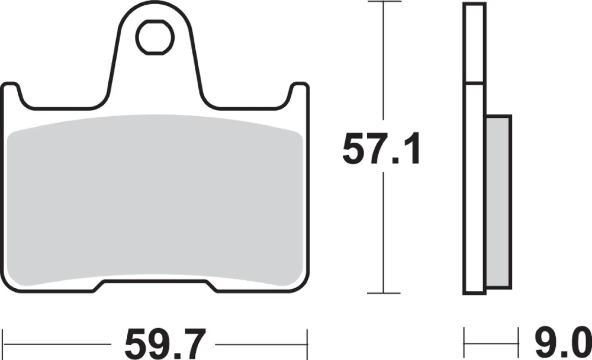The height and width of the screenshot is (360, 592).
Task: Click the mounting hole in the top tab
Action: point(155,37)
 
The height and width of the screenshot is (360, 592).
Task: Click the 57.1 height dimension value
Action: point(381,148)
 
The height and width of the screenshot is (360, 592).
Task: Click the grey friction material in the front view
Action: point(155,202)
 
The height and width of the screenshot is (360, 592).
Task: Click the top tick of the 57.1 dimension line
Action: point(384,2)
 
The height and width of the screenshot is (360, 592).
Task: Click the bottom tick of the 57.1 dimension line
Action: point(384,293)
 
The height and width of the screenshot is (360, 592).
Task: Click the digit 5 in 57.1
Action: point(356,148)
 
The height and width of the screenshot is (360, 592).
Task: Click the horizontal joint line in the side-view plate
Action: point(474,82)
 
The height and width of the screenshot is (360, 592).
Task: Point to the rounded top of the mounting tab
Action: point(155,7)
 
